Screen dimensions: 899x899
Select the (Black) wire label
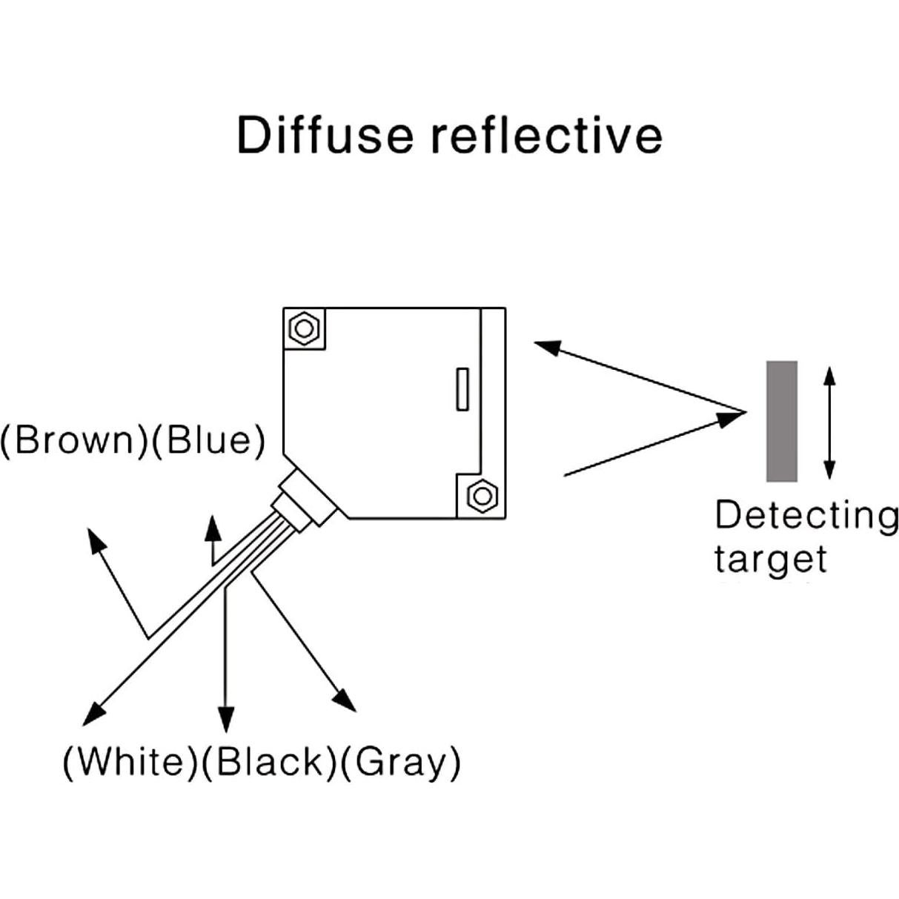coord(269,761)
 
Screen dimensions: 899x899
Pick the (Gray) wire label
coord(400,761)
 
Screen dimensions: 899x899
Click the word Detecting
coord(806,515)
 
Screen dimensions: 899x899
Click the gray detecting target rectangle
coord(782,421)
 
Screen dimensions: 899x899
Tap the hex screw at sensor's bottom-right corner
coord(483,495)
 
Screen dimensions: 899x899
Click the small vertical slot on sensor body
coord(462,388)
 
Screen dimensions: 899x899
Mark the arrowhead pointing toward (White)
coord(93,713)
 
